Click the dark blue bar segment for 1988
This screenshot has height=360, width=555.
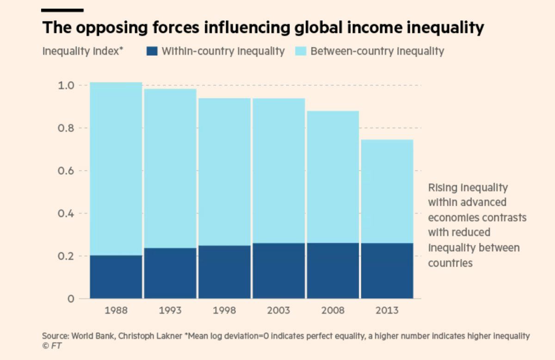116,277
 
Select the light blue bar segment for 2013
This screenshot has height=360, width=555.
387,191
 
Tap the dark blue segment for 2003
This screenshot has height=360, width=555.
278,271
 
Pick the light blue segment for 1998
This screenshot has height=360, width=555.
224,172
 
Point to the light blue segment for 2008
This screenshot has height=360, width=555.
333,177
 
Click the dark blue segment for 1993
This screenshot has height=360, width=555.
170,273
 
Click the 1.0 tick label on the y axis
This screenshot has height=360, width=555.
66,85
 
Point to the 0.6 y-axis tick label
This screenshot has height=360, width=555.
66,171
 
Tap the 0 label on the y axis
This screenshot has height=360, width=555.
71,299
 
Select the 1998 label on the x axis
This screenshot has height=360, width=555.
224,310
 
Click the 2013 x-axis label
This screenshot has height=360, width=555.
387,310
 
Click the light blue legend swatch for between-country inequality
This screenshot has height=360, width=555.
300,51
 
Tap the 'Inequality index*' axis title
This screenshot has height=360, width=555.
83,51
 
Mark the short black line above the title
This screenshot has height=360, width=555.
62,10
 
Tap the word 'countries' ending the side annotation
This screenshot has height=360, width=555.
450,263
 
